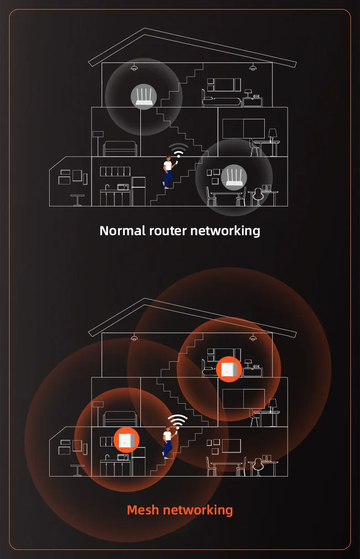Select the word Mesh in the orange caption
click(x=144, y=509)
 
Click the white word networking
click(x=225, y=231)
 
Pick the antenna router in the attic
click(x=144, y=97)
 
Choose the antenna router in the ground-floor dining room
click(x=234, y=178)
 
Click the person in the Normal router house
click(x=168, y=172)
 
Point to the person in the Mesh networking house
click(x=168, y=442)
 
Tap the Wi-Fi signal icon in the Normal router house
click(x=179, y=150)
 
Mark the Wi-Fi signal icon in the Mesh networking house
click(x=177, y=421)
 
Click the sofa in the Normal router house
click(x=120, y=149)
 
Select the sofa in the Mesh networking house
click(x=120, y=419)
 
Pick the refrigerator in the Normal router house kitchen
click(x=139, y=191)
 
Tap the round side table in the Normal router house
click(x=77, y=200)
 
